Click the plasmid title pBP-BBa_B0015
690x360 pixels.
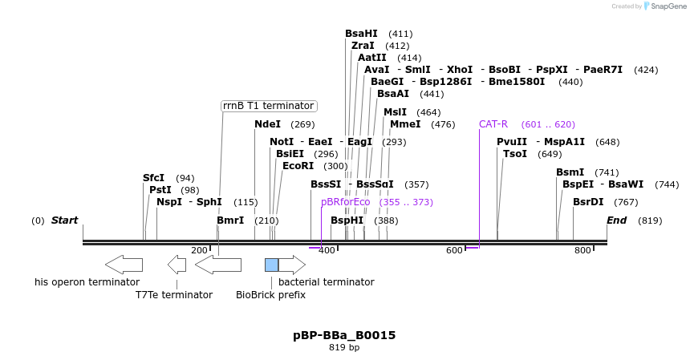[x=344, y=335]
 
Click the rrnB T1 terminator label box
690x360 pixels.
[x=268, y=106]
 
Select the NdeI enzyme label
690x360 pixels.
[x=267, y=124]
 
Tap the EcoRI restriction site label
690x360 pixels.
[x=298, y=166]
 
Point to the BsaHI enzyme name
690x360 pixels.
[x=361, y=34]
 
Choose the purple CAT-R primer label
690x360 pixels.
[x=493, y=124]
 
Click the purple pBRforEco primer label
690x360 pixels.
[x=345, y=202]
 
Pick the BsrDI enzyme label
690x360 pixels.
[x=588, y=202]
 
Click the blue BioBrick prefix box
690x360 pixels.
[x=271, y=265]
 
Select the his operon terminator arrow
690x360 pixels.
[x=124, y=264]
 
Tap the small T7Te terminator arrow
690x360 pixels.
[x=177, y=264]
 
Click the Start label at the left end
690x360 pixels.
[x=65, y=220]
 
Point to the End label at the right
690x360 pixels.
[x=616, y=220]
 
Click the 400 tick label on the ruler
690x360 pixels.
[x=326, y=251]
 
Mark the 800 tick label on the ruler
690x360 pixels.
[x=582, y=251]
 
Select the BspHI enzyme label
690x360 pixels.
[x=347, y=220]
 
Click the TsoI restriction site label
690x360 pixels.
[x=514, y=154]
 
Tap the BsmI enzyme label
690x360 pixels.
[x=570, y=172]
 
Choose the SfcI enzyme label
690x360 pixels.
[x=153, y=178]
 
